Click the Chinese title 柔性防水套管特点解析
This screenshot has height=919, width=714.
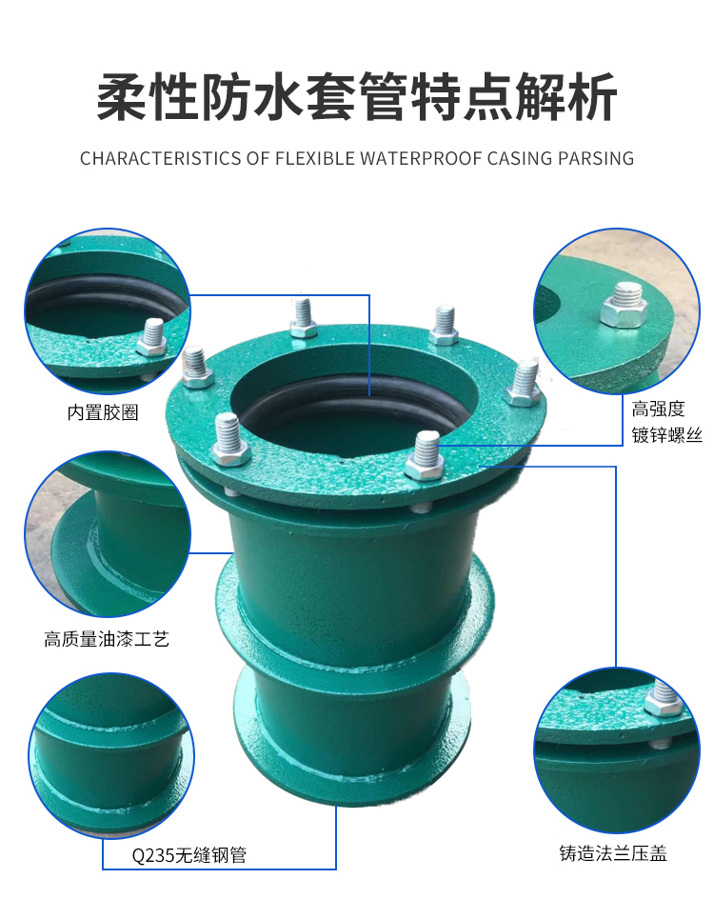(x=357, y=97)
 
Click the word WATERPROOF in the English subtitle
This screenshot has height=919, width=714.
(x=418, y=158)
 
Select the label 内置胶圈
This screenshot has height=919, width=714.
(x=103, y=412)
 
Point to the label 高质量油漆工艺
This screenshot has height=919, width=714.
(x=107, y=638)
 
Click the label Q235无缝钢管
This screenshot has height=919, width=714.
(x=188, y=855)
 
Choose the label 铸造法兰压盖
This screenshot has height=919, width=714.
(x=613, y=852)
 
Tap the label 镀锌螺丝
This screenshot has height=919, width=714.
(x=666, y=435)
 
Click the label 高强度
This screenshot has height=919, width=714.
(x=659, y=409)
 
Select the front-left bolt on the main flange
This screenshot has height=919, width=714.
(x=229, y=440)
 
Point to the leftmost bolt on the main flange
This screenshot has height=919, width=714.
(x=196, y=367)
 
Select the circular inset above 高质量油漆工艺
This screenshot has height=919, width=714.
(x=108, y=534)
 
